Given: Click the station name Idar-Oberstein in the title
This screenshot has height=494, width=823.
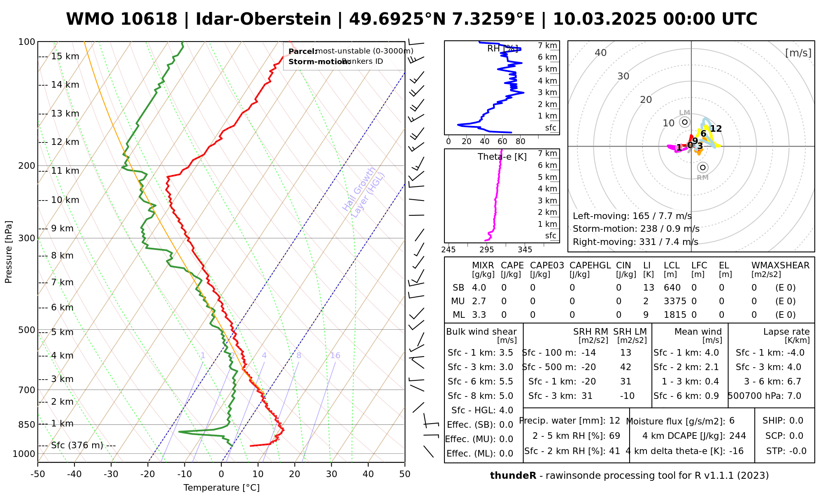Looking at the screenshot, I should [263, 19].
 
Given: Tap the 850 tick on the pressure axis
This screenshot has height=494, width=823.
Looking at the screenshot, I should [27, 424].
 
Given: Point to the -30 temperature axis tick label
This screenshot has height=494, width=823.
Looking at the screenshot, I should [111, 474].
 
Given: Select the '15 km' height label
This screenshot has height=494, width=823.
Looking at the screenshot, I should [65, 56].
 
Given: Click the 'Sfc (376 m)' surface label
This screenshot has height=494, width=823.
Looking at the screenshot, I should [77, 445].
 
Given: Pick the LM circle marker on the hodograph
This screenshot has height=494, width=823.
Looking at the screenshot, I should [685, 122].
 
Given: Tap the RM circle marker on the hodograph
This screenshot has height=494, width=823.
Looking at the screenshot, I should [703, 167].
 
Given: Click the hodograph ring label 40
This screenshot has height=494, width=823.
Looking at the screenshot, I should [601, 53].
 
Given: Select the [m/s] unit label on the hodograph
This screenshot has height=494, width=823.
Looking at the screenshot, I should [798, 53].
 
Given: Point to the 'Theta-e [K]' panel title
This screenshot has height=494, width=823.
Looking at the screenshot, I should [502, 157].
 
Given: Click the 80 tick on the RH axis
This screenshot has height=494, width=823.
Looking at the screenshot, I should [521, 142].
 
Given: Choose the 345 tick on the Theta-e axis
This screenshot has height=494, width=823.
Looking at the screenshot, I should [525, 250].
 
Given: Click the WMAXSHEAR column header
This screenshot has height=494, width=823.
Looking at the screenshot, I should [780, 266].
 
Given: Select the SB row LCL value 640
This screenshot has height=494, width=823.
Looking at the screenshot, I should [672, 288].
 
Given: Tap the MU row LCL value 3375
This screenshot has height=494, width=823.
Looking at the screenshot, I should [675, 301].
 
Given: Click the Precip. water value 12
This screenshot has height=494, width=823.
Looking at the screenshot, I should [614, 421].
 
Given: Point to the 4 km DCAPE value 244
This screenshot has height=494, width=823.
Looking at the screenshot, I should [737, 436].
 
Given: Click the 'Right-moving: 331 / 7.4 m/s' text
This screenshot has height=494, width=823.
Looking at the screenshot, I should [635, 242].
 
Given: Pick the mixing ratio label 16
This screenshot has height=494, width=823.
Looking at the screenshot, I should [335, 356].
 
